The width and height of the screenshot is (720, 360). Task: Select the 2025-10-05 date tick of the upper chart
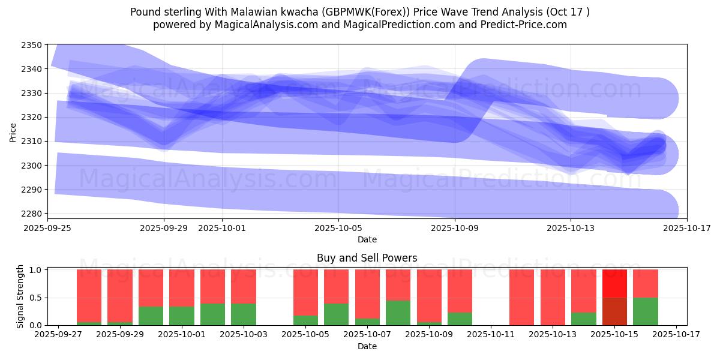(x=338, y=228)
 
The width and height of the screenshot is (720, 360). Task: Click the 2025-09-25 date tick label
(x=48, y=228)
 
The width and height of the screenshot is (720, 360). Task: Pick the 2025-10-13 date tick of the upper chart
(x=571, y=228)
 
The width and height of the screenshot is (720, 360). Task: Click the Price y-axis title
(x=13, y=132)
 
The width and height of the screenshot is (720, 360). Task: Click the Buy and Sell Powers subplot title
(x=367, y=258)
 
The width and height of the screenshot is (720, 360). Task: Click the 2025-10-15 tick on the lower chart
(x=614, y=335)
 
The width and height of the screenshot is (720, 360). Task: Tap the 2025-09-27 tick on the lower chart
(x=58, y=335)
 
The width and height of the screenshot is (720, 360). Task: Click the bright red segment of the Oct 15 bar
(x=614, y=283)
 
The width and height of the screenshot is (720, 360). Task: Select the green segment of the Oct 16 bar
(x=646, y=311)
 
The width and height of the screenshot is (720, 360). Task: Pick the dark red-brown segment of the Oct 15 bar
(x=614, y=311)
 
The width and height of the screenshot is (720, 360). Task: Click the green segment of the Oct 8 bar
(x=398, y=313)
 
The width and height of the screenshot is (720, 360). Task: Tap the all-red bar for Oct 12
(x=521, y=297)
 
